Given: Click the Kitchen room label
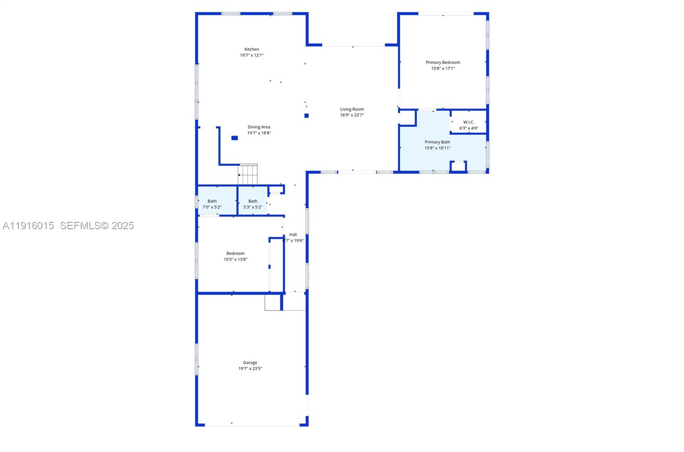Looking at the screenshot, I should click(x=251, y=49).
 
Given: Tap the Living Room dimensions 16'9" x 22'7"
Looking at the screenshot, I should click(x=352, y=115).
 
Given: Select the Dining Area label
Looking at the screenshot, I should click(x=259, y=127).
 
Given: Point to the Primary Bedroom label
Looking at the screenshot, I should click(x=443, y=62).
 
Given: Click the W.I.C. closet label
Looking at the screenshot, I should click(x=469, y=122).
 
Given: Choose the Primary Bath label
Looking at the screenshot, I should click(x=437, y=142).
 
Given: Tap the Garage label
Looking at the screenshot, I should click(x=250, y=363).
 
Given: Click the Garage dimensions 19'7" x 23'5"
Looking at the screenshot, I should click(x=250, y=369).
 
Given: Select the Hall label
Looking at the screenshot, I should click(x=293, y=234).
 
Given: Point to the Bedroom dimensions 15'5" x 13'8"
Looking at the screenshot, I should click(x=235, y=259).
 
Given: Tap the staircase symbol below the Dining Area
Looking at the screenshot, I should click(x=248, y=174).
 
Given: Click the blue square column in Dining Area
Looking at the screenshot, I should click(x=234, y=138).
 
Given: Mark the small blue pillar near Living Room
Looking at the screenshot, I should click(x=306, y=115).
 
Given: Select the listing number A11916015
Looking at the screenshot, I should click(x=28, y=225).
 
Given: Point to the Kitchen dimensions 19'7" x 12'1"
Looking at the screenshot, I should click(x=251, y=55).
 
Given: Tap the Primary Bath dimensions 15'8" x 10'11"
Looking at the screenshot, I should click(x=437, y=148).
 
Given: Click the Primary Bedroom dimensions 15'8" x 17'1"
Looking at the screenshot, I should click(x=443, y=68).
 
